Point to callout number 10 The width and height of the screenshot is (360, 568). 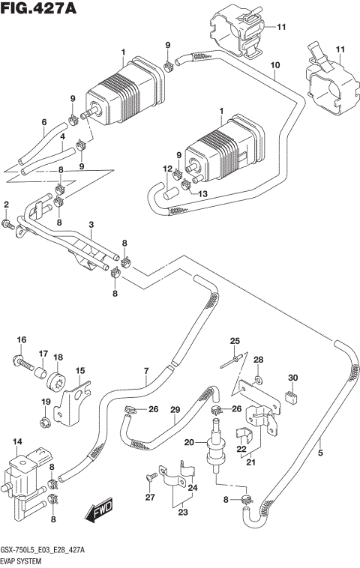275,66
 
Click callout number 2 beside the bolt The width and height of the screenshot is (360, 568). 6,205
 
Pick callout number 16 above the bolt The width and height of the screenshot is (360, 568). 22,339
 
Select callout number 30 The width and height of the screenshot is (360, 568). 293,377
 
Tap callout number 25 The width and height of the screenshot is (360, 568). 234,341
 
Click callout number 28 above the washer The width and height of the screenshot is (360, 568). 258,361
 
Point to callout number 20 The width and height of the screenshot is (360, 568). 190,441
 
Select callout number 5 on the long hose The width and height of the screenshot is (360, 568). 322,453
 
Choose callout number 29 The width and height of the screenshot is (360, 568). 175,408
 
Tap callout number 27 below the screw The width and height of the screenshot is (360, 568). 148,496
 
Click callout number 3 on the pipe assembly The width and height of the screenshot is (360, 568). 91,224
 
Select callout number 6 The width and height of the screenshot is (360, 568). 43,122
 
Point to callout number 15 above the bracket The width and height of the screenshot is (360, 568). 79,370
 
